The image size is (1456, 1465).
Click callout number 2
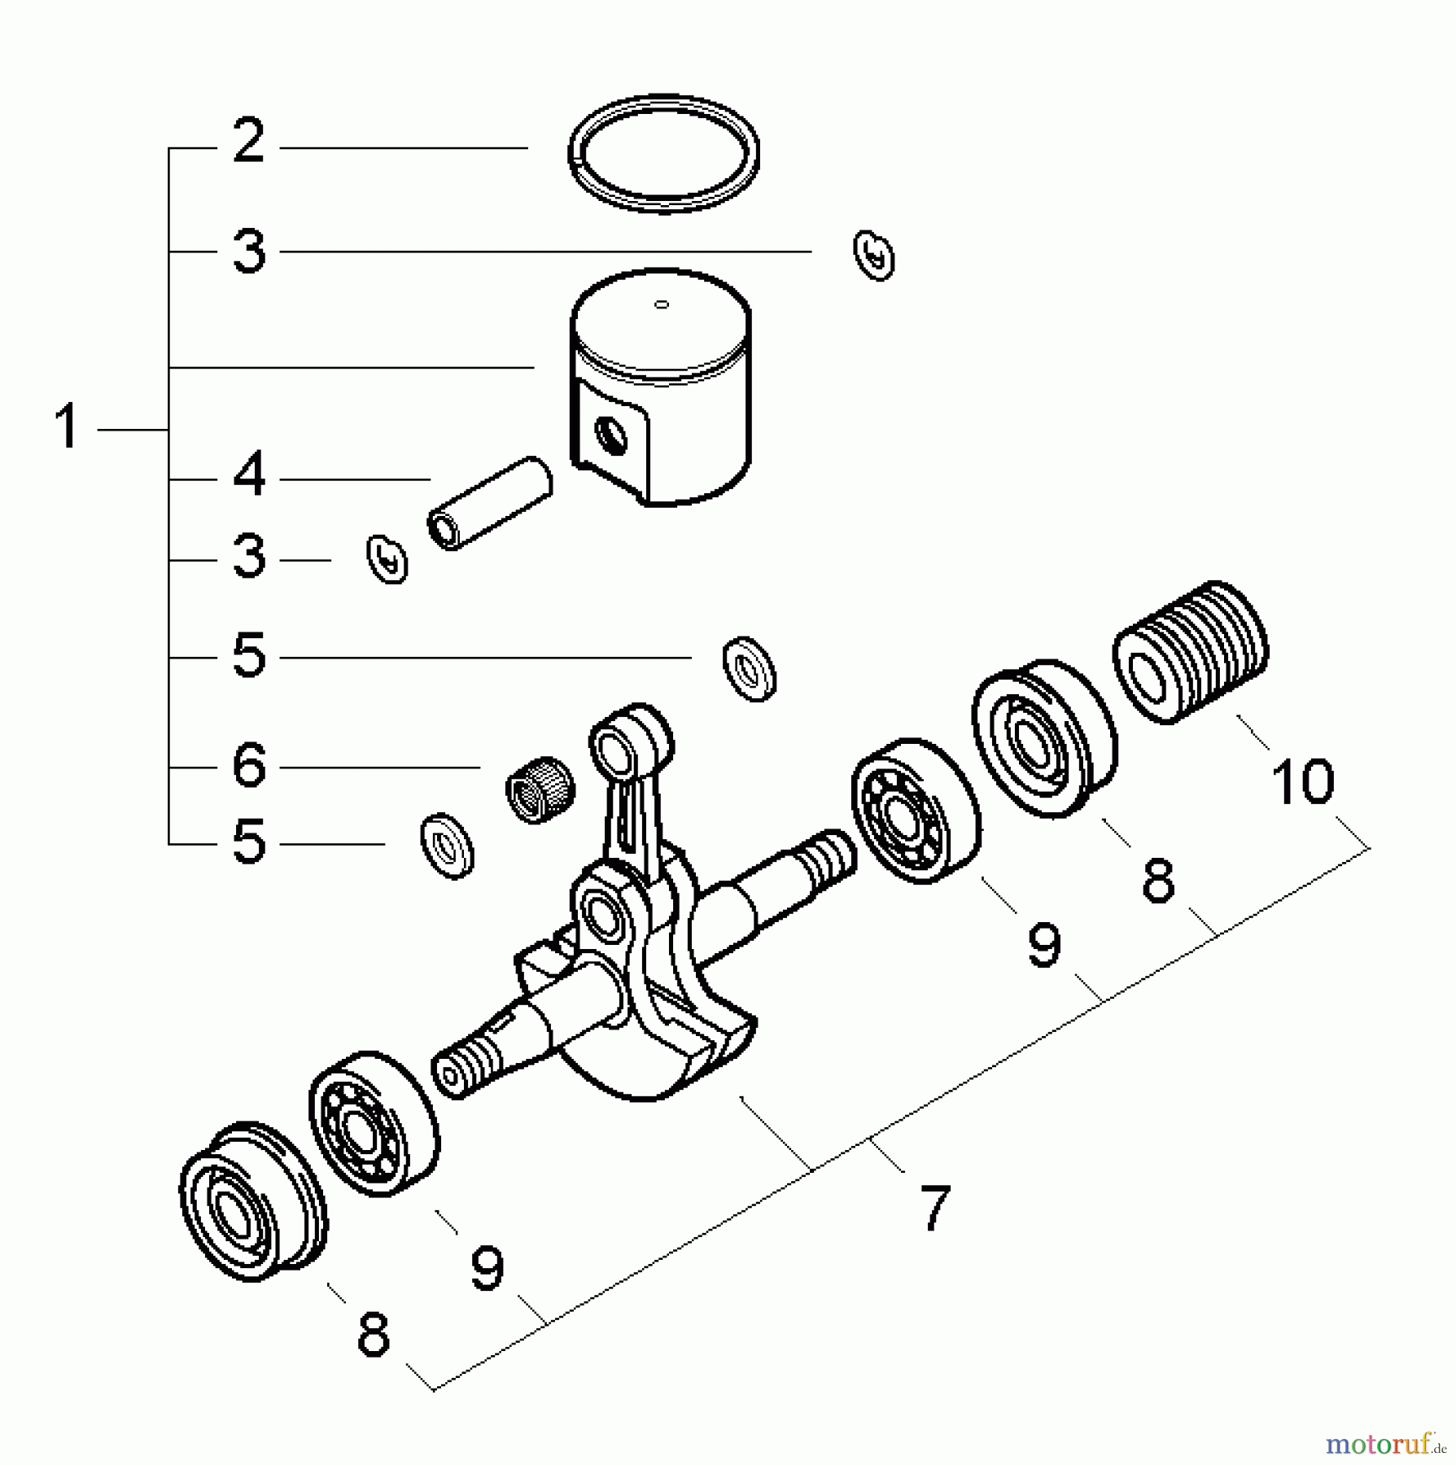point(248,142)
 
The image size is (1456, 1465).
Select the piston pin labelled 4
point(490,503)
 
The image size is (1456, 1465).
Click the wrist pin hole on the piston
point(611,437)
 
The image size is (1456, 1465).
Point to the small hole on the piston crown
point(662,304)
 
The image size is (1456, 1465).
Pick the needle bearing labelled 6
point(540,789)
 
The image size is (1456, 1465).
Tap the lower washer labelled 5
point(447,845)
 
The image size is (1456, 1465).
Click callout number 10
point(1302,782)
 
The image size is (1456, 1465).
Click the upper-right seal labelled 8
point(1045,738)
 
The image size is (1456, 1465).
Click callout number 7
point(934,1209)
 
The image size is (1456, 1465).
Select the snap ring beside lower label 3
point(387,559)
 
